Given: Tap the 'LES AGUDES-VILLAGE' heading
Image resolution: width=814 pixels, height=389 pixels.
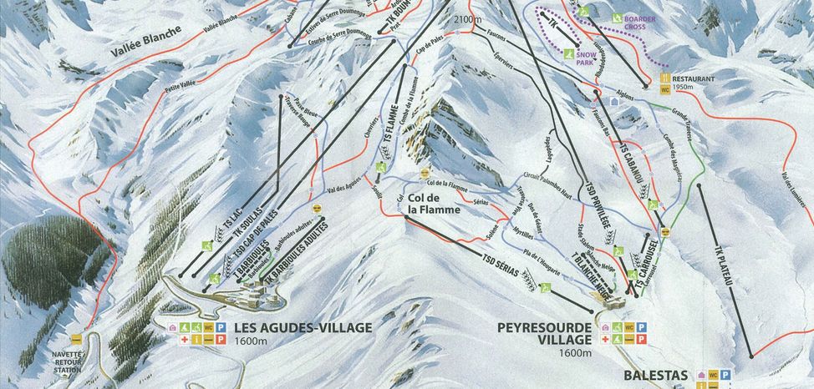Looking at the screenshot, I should pos(303,328).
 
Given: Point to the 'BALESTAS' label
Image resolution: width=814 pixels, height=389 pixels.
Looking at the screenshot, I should pos(657,376).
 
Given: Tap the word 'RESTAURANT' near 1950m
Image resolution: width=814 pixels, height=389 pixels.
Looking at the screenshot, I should pos(693,78).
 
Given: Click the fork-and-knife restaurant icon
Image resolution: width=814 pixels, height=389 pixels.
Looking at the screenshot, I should pos(665,78).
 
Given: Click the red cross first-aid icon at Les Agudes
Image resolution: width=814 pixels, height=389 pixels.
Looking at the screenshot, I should pos(174,341).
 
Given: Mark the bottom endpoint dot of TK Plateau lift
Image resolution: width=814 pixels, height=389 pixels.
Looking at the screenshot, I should pos(752,356).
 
